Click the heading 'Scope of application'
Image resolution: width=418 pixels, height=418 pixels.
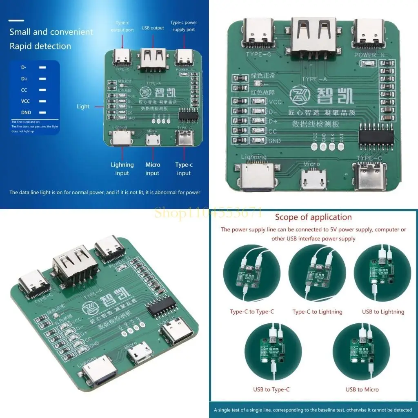click(313, 217)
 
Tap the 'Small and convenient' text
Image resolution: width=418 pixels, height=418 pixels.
click(51, 32)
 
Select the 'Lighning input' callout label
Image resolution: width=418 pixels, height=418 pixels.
click(122, 169)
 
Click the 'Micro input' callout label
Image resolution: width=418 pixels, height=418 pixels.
click(153, 169)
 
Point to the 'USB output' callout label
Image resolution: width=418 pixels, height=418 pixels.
click(153, 28)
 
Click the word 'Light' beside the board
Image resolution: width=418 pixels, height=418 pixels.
click(83, 107)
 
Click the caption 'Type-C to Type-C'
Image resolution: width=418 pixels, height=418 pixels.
click(252, 312)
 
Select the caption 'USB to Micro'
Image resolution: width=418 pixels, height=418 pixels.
click(362, 389)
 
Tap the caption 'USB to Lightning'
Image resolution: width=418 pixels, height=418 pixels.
click(383, 312)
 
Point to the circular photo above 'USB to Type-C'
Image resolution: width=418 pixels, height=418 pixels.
click(273, 351)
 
